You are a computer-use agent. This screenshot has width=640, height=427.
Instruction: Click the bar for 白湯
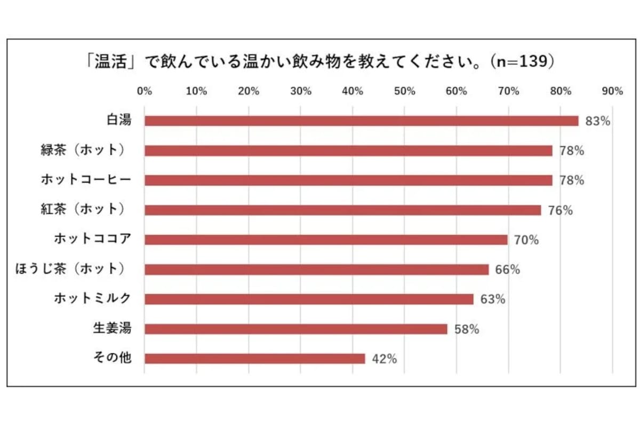coord(361,121)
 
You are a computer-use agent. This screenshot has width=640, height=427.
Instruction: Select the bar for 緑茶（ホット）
coord(348,151)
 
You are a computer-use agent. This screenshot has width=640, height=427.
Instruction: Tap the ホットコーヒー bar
coord(348,180)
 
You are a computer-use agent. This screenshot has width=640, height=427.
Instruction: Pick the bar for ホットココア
coord(326,240)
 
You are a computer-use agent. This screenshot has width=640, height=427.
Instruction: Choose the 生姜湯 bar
coord(295,329)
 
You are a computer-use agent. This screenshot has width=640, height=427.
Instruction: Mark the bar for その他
coord(254,359)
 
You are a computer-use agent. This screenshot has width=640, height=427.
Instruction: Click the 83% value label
coord(597,121)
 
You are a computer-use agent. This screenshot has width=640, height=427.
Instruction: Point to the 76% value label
coord(560,210)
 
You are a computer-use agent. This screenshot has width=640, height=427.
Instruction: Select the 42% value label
coord(384,359)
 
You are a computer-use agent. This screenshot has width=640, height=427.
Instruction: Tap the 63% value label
coord(492,299)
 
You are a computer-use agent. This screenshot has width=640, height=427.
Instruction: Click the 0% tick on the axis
coord(145,91)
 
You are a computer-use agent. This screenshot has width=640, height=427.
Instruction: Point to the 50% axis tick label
coord(404,91)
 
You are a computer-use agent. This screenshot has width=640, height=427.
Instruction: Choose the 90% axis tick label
coord(612,91)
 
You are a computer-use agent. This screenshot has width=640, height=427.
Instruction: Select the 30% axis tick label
coord(300,91)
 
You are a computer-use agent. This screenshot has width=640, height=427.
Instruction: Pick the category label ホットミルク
coord(92,299)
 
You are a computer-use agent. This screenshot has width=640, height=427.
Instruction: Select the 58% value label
coord(467,329)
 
